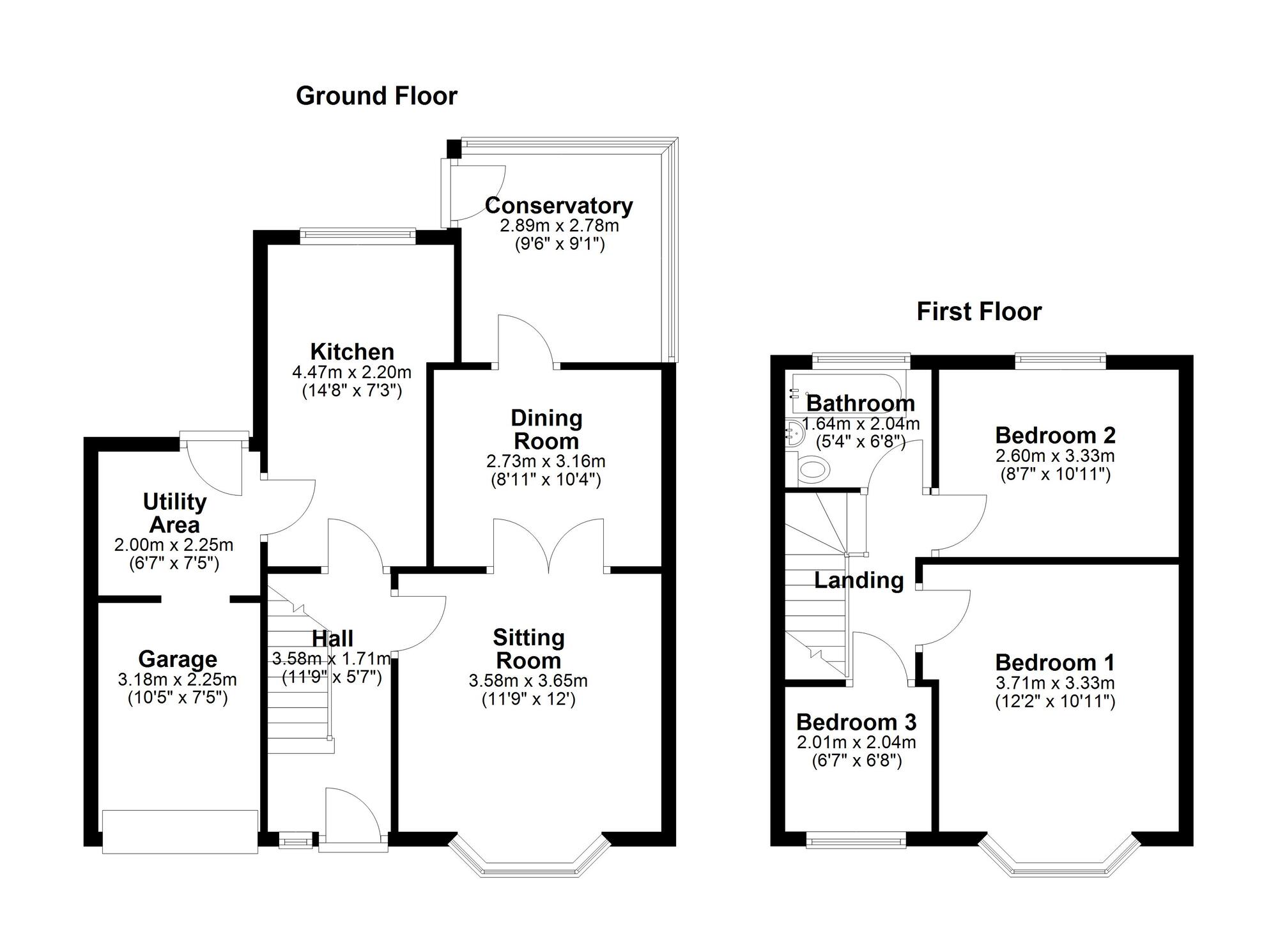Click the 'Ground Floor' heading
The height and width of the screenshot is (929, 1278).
click(376, 96)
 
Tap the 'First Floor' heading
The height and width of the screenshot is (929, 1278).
click(979, 312)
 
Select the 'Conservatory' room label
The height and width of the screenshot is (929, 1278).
click(559, 206)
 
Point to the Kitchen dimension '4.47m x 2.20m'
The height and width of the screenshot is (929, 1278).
click(352, 372)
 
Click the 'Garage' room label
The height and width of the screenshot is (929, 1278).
click(178, 659)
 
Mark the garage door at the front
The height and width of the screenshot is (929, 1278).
click(180, 831)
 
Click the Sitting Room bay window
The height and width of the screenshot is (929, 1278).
click(530, 856)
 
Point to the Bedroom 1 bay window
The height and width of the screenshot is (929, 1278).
click(1059, 856)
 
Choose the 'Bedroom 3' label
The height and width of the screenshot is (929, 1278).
click(856, 723)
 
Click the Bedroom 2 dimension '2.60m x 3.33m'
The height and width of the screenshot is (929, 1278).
click(1055, 456)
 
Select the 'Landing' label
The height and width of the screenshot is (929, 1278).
click(859, 581)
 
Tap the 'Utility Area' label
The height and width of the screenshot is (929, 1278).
click(174, 514)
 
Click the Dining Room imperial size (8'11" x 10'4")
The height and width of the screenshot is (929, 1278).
click(546, 480)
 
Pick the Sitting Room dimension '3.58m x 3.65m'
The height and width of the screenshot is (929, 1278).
click(528, 681)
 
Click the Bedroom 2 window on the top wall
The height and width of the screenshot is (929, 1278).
click(1061, 362)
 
